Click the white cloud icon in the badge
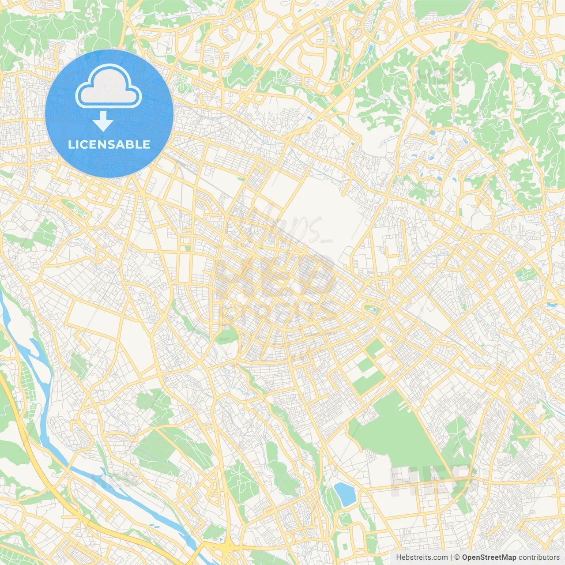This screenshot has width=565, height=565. (109, 87)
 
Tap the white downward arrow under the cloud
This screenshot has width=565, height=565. (103, 121)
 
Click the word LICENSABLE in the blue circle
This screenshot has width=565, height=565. (109, 144)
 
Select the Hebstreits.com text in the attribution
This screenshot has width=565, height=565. (422, 557)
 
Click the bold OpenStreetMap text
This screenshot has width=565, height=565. (489, 557)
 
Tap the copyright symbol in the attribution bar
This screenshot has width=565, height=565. (457, 557)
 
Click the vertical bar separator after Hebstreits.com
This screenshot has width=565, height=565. (451, 557)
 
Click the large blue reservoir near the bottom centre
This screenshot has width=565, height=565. (345, 494)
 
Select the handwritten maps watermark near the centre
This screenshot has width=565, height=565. (282, 230)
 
